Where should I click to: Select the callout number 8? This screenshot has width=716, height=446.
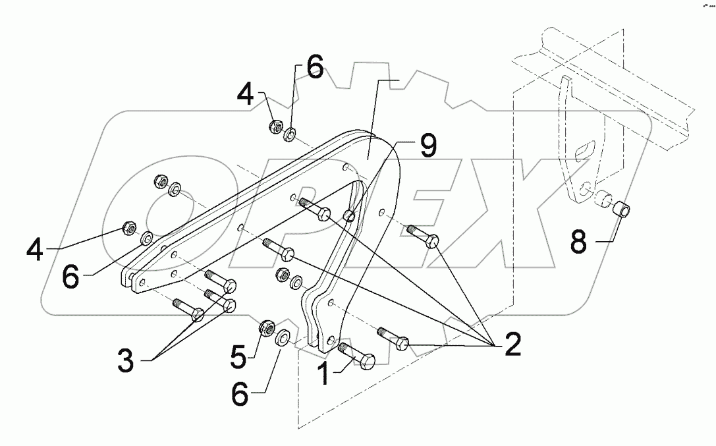578,242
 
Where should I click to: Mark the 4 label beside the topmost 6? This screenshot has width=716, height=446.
245,94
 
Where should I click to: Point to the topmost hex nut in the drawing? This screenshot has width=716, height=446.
277,126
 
